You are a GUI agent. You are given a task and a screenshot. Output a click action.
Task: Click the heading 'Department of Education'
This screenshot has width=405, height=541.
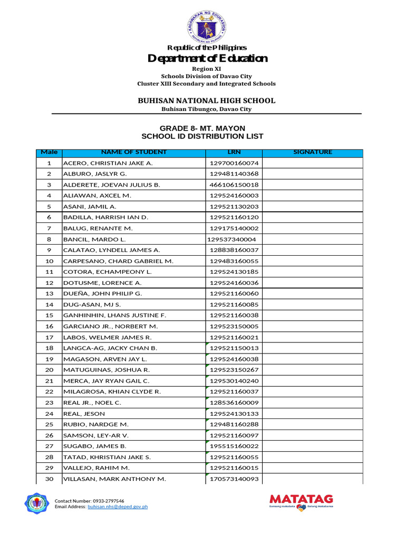207,59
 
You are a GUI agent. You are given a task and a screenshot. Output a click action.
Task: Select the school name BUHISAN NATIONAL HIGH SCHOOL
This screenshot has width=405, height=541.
207,100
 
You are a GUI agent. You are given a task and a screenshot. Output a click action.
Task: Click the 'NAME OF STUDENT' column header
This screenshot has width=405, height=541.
133,152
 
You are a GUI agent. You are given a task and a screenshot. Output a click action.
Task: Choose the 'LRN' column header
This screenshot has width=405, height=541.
234,152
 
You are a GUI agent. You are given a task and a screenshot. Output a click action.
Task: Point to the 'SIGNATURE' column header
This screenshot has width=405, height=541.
312,152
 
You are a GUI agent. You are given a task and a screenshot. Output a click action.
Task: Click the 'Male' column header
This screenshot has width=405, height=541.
49,152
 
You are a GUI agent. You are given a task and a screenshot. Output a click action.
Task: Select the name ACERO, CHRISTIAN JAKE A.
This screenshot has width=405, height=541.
108,163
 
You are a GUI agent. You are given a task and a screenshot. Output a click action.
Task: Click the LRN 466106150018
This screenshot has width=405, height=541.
234,185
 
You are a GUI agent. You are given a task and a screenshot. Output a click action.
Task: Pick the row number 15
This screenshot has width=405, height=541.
49,315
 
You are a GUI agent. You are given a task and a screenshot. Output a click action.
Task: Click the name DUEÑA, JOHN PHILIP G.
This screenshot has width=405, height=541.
103,293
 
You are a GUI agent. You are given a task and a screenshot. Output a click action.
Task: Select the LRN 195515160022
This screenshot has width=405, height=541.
234,446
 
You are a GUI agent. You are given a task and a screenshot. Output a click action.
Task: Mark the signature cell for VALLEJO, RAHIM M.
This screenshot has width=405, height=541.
312,468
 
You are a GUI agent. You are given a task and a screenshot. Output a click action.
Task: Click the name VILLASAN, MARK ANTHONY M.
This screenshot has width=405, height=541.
114,479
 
